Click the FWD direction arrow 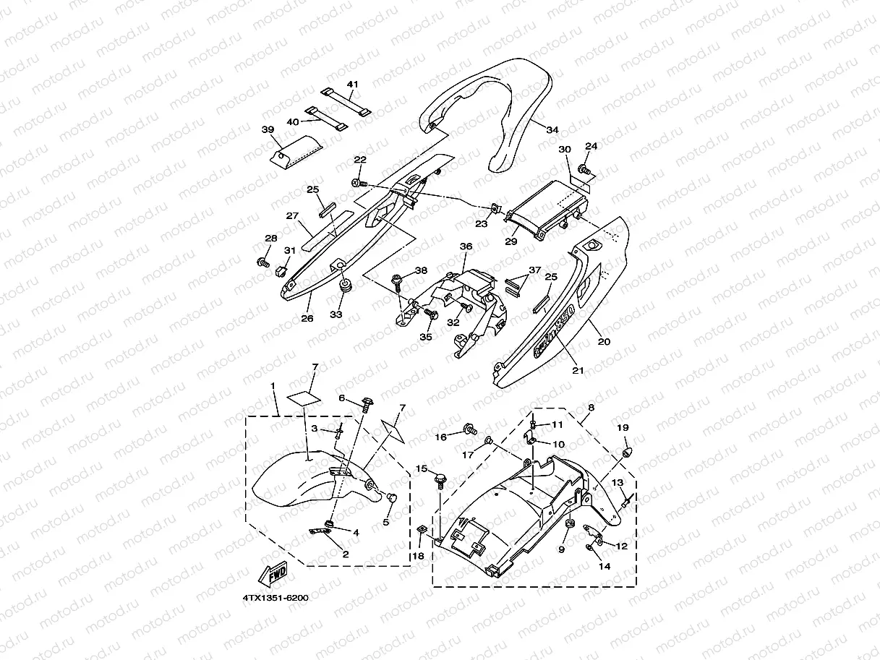(274, 575)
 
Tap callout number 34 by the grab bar (552, 130)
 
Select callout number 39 (268, 129)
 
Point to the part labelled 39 (296, 150)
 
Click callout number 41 (352, 85)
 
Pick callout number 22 (359, 160)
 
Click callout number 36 (466, 247)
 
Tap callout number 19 (623, 428)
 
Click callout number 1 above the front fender (273, 387)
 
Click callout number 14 (604, 566)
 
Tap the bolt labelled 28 (262, 260)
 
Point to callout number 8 (591, 408)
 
